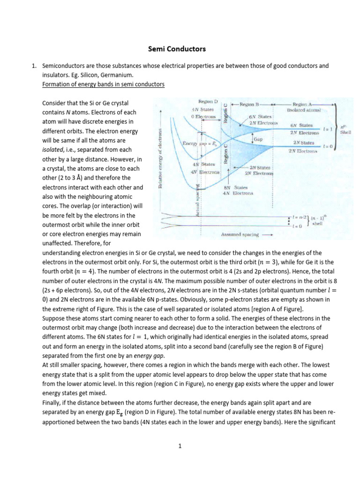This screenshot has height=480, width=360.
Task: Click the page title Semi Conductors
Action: click(x=180, y=49)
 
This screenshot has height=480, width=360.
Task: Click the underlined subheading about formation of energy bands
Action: click(x=103, y=84)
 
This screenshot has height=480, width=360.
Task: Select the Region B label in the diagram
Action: click(x=255, y=105)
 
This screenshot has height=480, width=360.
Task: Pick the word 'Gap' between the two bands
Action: click(x=259, y=140)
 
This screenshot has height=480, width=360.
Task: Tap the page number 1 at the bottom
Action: click(x=180, y=446)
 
